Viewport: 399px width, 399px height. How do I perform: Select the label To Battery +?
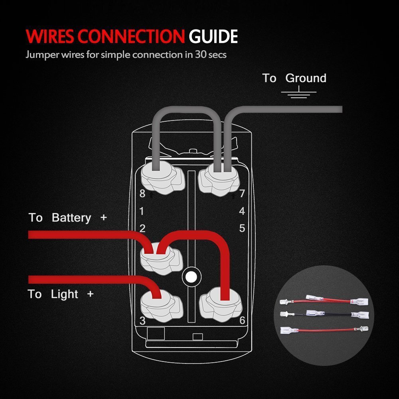click(68, 218)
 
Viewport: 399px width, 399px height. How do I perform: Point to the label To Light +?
click(60, 294)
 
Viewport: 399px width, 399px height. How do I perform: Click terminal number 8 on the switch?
click(142, 194)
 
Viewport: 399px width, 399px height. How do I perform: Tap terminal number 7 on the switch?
click(242, 194)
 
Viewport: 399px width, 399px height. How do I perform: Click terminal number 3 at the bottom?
click(142, 320)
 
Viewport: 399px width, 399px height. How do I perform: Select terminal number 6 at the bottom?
click(242, 320)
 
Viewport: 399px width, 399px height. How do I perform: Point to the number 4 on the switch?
click(242, 211)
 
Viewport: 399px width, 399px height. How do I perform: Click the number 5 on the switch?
click(242, 229)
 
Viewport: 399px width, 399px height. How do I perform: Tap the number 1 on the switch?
click(142, 211)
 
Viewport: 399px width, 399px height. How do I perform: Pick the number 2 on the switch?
click(142, 229)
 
